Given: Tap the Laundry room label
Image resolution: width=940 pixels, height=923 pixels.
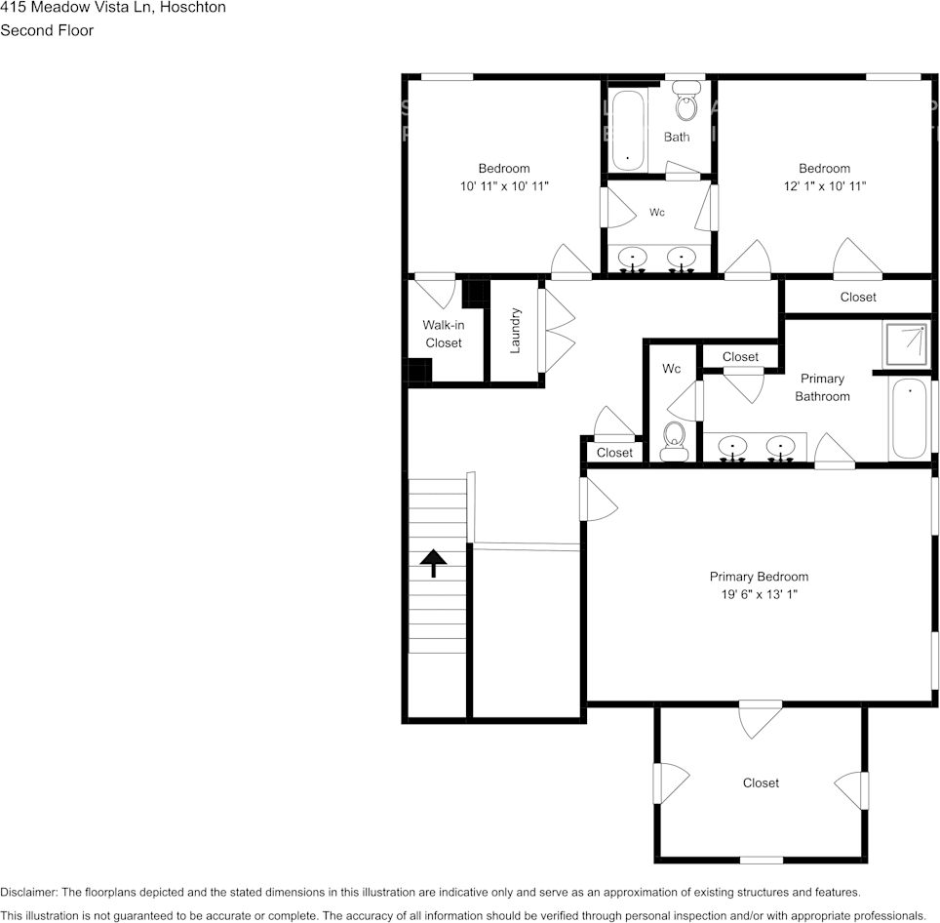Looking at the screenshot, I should pyautogui.click(x=516, y=330).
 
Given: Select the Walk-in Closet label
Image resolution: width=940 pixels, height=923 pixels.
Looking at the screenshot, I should pyautogui.click(x=444, y=334).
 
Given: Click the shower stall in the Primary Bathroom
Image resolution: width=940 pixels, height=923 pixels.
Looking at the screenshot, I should pyautogui.click(x=906, y=342).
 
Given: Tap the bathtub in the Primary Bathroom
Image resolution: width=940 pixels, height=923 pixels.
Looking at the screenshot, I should pyautogui.click(x=909, y=419).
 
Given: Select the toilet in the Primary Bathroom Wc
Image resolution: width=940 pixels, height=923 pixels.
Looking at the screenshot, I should pyautogui.click(x=674, y=442).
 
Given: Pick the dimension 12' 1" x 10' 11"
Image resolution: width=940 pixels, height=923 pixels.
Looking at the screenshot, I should pyautogui.click(x=825, y=185).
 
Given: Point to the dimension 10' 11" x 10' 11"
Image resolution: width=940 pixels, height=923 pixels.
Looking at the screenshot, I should pyautogui.click(x=504, y=185).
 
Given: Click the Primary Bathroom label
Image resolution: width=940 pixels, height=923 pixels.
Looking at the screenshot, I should pyautogui.click(x=822, y=387).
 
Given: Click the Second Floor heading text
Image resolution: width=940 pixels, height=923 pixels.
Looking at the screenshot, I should pyautogui.click(x=47, y=30).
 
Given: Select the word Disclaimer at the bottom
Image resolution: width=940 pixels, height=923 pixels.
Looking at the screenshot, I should pyautogui.click(x=28, y=892).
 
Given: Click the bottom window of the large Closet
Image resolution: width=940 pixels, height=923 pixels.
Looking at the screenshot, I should pyautogui.click(x=761, y=860).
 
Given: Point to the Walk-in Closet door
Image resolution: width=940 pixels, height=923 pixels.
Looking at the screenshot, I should pyautogui.click(x=436, y=290).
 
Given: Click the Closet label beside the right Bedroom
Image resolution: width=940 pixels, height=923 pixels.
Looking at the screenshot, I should pyautogui.click(x=858, y=297).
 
